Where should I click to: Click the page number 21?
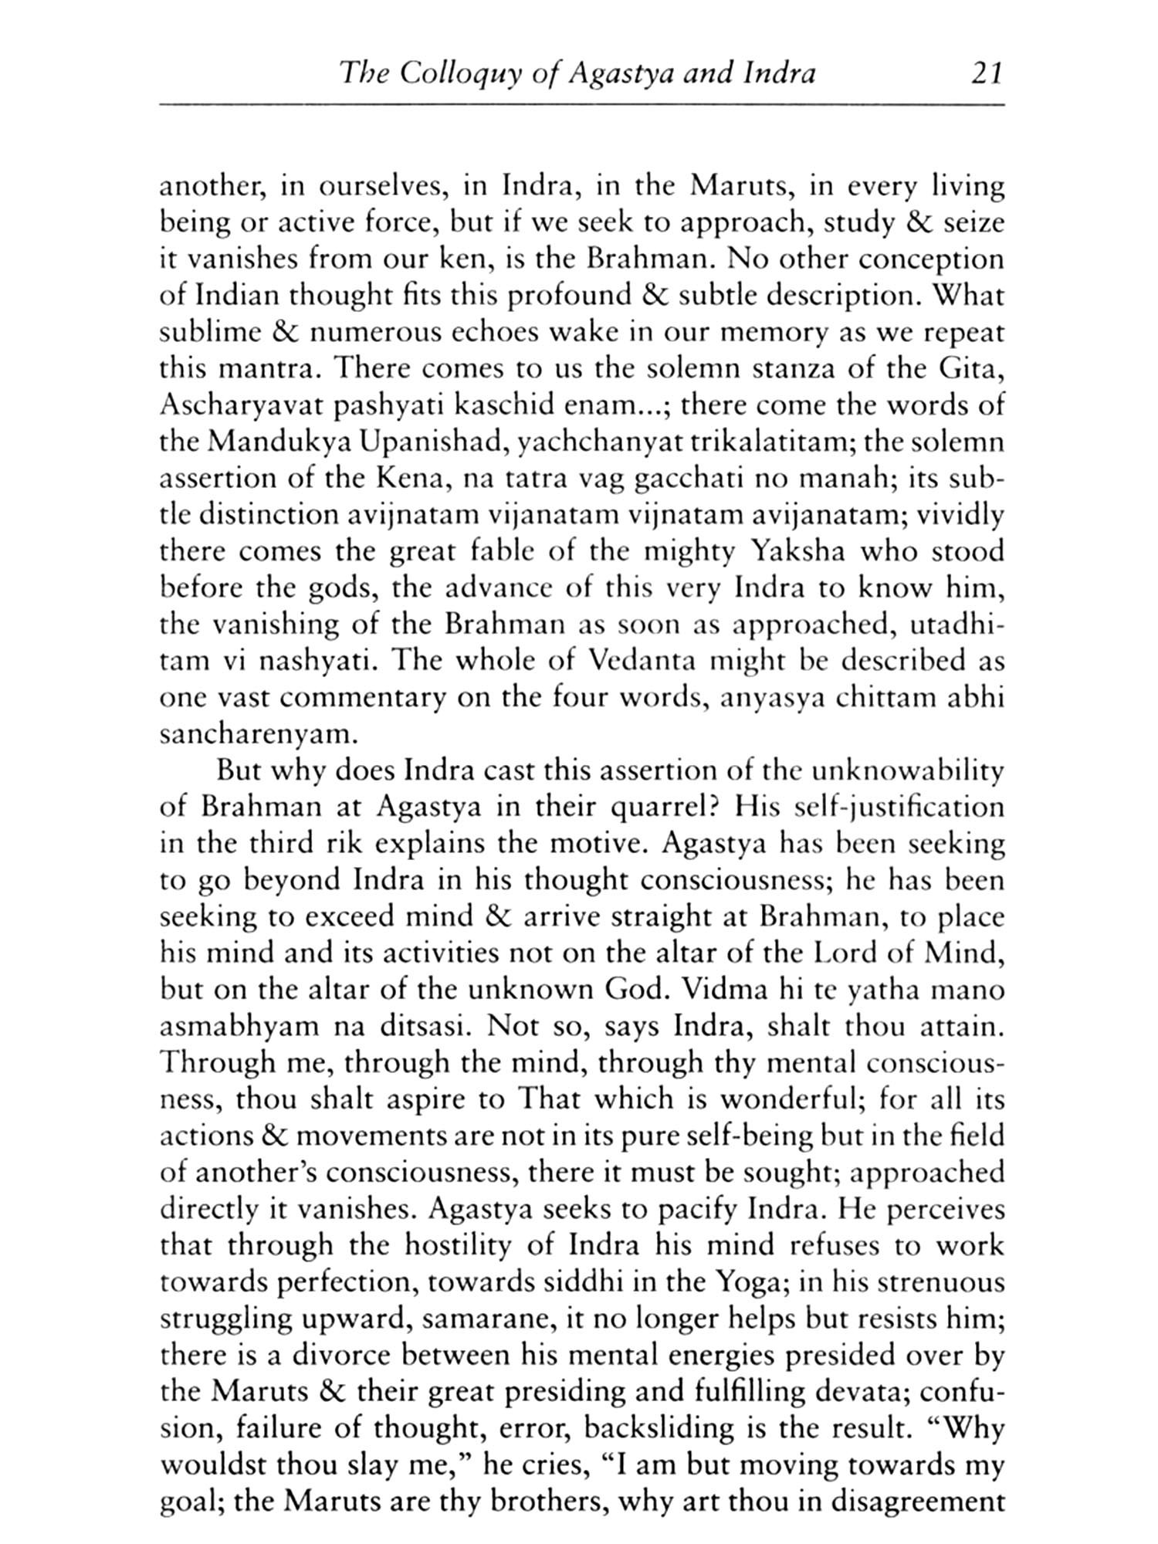pos(980,74)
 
